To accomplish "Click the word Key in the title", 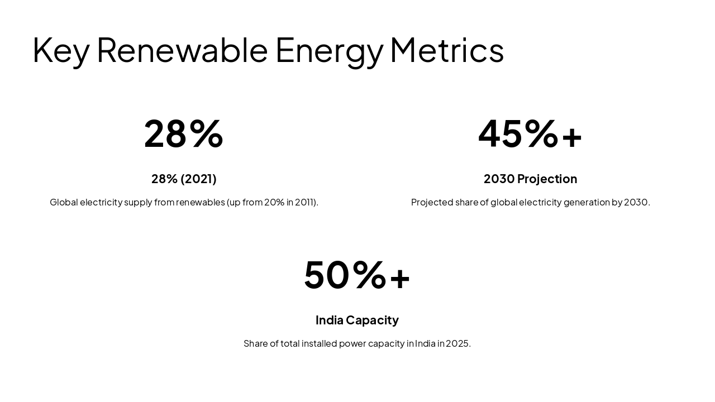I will [60, 50].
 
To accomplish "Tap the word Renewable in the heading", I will [182, 50].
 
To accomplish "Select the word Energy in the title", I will [329, 50].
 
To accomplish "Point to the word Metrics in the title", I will [447, 50].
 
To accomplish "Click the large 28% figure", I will [184, 134].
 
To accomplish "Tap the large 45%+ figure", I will [530, 134].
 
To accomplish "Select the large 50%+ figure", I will [357, 275].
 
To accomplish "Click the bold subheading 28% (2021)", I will [184, 179].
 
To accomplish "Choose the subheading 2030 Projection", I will [530, 179].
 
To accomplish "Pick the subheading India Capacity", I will [357, 320].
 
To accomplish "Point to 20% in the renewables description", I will [274, 202].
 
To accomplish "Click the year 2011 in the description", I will [305, 202].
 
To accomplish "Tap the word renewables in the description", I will [200, 202].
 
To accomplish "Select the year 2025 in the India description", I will [458, 343].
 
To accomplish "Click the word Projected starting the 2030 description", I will [432, 202].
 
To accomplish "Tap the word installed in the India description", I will [319, 343].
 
